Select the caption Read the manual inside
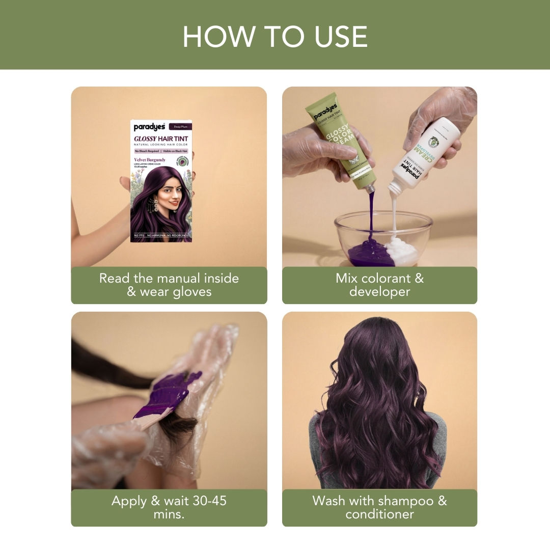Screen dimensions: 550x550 click(x=169, y=278)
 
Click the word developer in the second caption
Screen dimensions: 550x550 click(x=379, y=292)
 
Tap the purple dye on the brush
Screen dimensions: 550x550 click(x=168, y=393)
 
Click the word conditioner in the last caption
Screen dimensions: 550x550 click(x=379, y=514)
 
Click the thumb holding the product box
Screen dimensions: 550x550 click(x=124, y=182)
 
